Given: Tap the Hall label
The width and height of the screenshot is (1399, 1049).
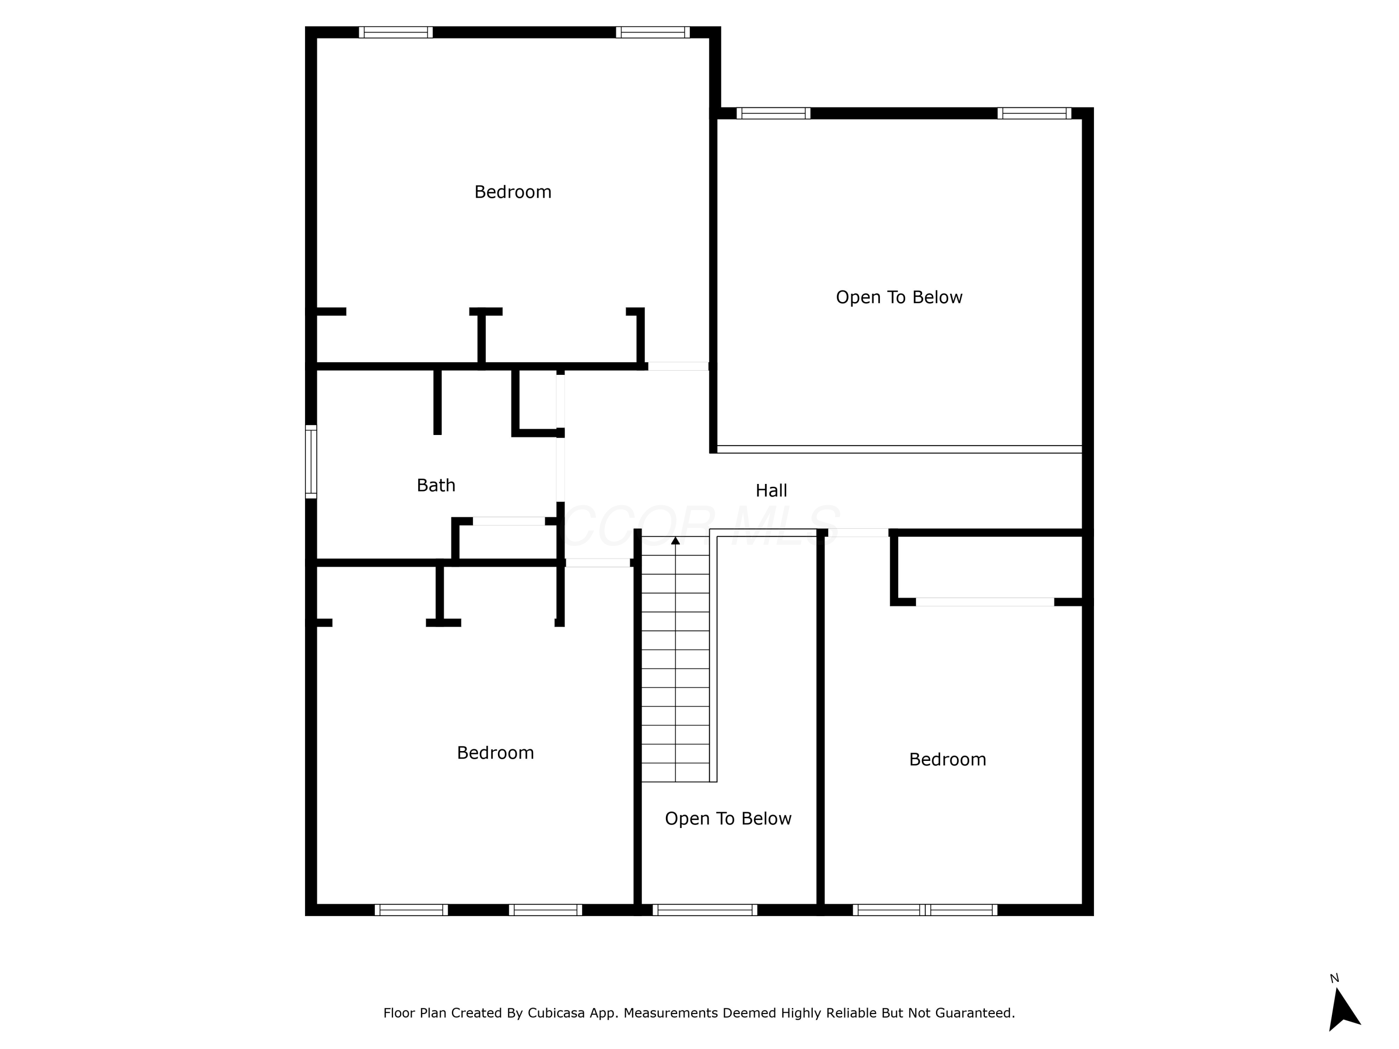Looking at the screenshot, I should pos(771,490).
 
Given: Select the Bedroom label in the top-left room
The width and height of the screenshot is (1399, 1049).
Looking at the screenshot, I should pos(513,192).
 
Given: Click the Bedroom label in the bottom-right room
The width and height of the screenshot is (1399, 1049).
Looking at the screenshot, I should pos(947,759).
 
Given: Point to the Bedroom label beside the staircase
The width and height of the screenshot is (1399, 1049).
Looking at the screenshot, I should pos(495,752).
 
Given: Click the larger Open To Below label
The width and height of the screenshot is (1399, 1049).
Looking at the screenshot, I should pos(899,297).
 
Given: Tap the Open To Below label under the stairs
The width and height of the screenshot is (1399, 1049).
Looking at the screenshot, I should pos(727,818).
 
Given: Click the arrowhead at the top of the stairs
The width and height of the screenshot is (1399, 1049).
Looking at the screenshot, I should pos(675,541).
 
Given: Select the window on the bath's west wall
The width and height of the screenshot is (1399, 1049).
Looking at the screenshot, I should pos(311,462).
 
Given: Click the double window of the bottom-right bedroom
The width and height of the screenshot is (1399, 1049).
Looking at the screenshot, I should pos(925,910).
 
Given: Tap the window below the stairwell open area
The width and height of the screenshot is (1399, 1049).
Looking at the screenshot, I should pos(705,910).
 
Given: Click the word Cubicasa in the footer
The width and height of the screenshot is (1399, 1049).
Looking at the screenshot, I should pos(556,1013).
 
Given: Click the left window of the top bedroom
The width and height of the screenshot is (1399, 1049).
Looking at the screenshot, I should pos(396,32).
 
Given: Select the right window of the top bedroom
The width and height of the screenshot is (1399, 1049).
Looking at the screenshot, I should pos(653,32).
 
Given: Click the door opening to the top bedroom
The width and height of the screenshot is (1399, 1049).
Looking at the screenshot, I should pos(678,366).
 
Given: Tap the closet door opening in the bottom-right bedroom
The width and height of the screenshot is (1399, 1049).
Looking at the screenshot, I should pos(985,602).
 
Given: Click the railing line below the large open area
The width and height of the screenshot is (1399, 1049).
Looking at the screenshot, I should pos(899,449).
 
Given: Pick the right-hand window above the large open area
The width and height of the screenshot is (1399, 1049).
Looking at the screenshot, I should pos(1034,113).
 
